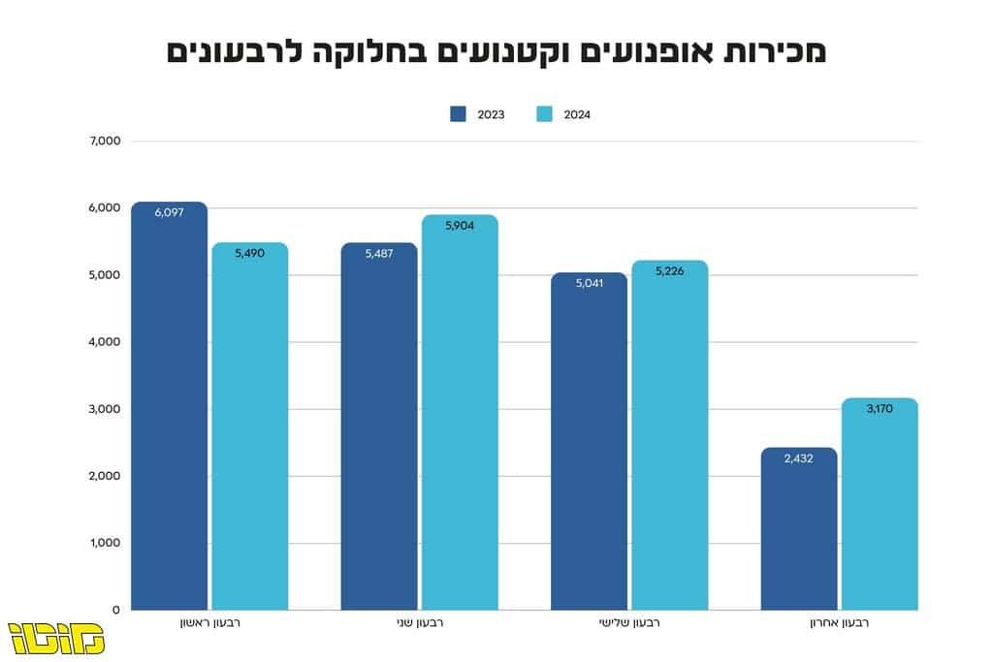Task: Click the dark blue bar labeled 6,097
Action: click(x=169, y=406)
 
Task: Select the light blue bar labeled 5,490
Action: click(x=250, y=426)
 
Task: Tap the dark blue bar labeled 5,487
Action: click(x=379, y=426)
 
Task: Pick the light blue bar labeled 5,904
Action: click(x=460, y=412)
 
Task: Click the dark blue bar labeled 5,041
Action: click(x=589, y=441)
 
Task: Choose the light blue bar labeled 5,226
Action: click(x=670, y=435)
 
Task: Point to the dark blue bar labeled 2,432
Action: click(x=799, y=528)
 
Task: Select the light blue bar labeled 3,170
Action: click(x=880, y=504)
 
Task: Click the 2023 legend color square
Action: click(x=458, y=114)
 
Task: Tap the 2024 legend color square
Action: click(x=545, y=114)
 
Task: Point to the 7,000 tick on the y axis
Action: click(x=105, y=142)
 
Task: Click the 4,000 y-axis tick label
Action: click(x=105, y=342)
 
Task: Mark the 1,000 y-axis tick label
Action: click(x=105, y=543)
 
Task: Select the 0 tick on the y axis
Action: click(x=116, y=610)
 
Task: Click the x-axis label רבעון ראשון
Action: click(x=210, y=623)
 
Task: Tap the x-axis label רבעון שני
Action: click(x=420, y=623)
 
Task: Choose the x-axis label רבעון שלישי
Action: click(x=629, y=623)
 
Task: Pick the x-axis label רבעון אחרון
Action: click(x=840, y=623)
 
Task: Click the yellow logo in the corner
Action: click(x=55, y=639)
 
